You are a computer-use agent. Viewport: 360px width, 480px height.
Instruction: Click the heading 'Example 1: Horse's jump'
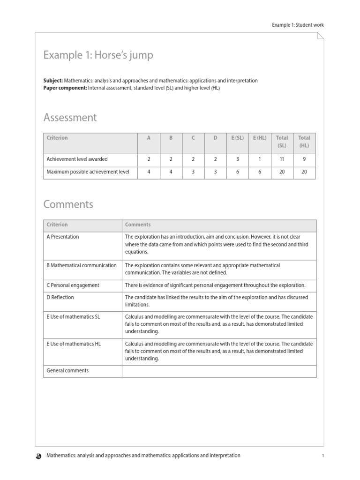tap(98, 56)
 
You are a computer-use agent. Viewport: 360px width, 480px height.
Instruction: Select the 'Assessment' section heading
tap(70, 117)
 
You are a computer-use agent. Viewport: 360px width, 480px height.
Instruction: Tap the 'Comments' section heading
tap(68, 204)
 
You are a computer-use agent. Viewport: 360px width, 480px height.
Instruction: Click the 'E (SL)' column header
tap(238, 138)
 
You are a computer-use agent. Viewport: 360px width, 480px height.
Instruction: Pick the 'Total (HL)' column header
tap(304, 142)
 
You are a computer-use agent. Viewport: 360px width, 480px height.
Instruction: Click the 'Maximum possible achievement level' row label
tap(88, 172)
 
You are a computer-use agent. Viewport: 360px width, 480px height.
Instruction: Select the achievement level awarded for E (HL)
tap(260, 159)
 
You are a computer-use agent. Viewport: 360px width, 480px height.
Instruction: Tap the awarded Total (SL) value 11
tap(282, 159)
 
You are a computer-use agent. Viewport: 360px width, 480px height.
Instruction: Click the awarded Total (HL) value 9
tap(304, 159)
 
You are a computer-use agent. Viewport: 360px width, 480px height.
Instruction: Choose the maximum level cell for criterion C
tap(193, 172)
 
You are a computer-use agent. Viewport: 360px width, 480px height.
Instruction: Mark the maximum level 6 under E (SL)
tap(238, 172)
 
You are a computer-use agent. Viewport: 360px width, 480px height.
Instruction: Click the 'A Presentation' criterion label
tap(63, 237)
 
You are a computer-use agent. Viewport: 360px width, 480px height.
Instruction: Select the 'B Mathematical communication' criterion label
tap(82, 265)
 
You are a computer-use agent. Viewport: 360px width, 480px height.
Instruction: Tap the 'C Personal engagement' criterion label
tap(73, 285)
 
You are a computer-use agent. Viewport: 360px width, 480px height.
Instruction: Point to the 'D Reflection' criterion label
tap(60, 297)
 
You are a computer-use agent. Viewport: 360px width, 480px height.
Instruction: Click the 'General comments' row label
tap(67, 370)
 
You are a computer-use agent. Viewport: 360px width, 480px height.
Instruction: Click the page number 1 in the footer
tap(323, 456)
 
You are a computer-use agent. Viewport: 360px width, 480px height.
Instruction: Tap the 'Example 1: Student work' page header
tap(298, 25)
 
